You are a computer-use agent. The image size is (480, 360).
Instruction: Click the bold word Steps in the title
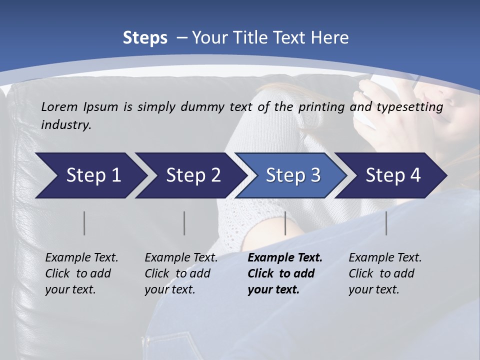145,38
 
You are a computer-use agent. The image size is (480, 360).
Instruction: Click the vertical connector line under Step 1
84,223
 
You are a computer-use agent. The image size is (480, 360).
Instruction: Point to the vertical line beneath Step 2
184,223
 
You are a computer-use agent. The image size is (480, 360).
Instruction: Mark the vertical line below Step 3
285,223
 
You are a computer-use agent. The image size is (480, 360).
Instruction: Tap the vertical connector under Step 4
386,223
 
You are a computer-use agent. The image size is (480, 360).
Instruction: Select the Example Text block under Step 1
81,273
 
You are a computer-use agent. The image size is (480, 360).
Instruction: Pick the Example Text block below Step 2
180,273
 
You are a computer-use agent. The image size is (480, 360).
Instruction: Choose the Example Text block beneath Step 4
384,273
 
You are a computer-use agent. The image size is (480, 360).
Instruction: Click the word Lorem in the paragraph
60,107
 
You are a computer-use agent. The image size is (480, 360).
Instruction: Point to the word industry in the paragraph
65,125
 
